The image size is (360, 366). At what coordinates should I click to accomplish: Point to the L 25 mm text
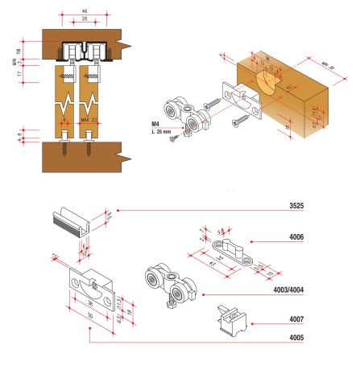(x=163, y=132)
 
